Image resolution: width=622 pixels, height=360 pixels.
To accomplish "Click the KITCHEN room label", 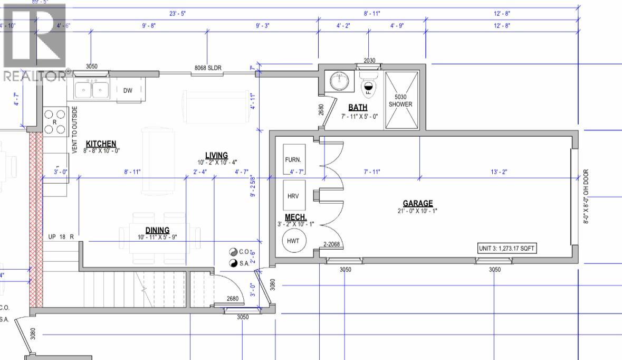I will [x=101, y=144].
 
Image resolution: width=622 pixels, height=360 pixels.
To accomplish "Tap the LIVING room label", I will [x=216, y=155].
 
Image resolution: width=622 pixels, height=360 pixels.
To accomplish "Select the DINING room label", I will [x=158, y=230].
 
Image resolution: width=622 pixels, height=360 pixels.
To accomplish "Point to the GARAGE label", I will [x=418, y=203].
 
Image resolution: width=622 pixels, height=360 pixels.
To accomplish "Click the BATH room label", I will [x=357, y=108].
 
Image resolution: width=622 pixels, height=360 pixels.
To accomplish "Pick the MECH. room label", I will [x=296, y=217].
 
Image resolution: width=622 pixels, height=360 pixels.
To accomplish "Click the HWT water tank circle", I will [x=294, y=241].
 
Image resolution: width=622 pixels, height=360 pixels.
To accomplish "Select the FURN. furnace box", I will [x=294, y=159].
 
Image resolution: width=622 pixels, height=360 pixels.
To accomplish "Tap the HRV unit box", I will [x=294, y=196].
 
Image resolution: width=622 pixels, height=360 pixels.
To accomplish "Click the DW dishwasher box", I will [x=128, y=90].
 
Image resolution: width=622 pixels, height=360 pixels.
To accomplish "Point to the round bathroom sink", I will [x=339, y=81].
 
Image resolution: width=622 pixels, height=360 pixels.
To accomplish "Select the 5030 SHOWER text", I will [x=400, y=100].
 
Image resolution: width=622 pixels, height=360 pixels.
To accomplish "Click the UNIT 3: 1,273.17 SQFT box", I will [x=507, y=248].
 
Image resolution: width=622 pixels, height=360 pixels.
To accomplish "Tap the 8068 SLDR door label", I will [x=208, y=68].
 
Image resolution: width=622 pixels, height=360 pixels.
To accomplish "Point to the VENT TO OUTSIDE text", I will [x=75, y=130].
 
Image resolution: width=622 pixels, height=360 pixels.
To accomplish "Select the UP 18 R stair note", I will [x=59, y=236].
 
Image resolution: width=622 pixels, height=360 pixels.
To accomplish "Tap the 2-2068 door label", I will [x=331, y=244].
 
